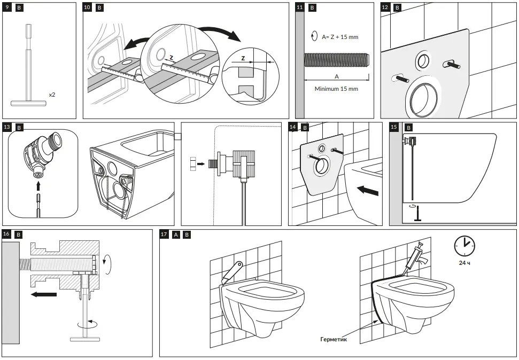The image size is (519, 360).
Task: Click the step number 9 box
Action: pyautogui.click(x=7, y=7)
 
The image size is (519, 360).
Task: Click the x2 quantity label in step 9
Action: pyautogui.click(x=52, y=94)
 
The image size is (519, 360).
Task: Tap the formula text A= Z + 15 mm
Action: pyautogui.click(x=340, y=37)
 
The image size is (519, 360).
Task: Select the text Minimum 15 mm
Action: pyautogui.click(x=336, y=89)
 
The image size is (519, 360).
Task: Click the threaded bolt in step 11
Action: pyautogui.click(x=336, y=59)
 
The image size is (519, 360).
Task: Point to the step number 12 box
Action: pyautogui.click(x=385, y=7)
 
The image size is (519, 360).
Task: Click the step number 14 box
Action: pyautogui.click(x=293, y=127)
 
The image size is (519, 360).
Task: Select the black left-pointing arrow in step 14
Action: pyautogui.click(x=368, y=190)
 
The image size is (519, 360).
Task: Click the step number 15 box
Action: pyautogui.click(x=394, y=127)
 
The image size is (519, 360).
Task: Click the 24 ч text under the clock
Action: pyautogui.click(x=464, y=263)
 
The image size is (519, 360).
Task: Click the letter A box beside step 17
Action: pyautogui.click(x=176, y=234)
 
